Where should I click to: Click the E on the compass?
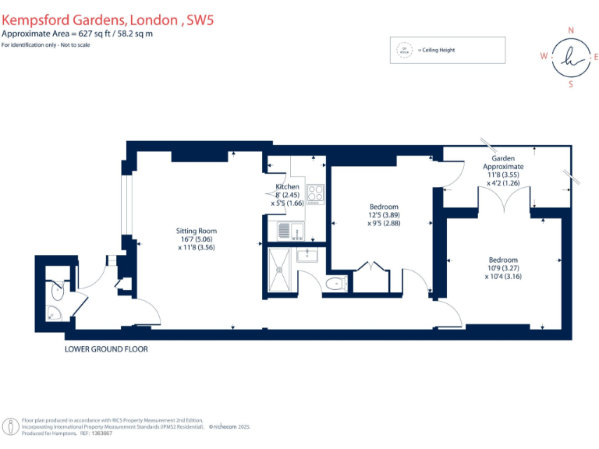596,56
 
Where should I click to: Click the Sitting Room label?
196,231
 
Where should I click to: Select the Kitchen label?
287,188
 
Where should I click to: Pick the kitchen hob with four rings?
314,193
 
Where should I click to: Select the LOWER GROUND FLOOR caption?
106,349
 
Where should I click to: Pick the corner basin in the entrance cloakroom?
53,313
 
